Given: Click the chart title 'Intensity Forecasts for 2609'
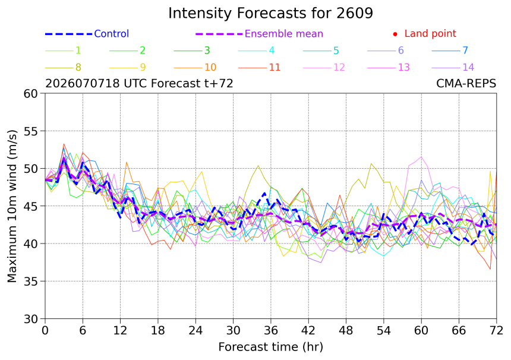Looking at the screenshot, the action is pyautogui.click(x=270, y=13).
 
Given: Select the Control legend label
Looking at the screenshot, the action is pyautogui.click(x=112, y=33).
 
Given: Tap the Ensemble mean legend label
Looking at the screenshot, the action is pyautogui.click(x=284, y=33).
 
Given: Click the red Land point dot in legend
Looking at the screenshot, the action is pyautogui.click(x=395, y=34).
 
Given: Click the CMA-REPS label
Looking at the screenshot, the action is pyautogui.click(x=466, y=83).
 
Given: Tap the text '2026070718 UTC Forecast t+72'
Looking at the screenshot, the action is pyautogui.click(x=139, y=83).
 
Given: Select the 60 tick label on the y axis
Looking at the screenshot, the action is pyautogui.click(x=31, y=93).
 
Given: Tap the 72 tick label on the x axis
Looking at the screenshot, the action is pyautogui.click(x=496, y=331).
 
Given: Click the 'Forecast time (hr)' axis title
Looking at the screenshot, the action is pyautogui.click(x=270, y=347).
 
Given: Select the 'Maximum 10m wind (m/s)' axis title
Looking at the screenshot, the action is pyautogui.click(x=12, y=206).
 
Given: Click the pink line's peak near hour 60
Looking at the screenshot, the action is pyautogui.click(x=421, y=157).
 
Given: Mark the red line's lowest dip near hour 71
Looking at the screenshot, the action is pyautogui.click(x=490, y=269).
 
